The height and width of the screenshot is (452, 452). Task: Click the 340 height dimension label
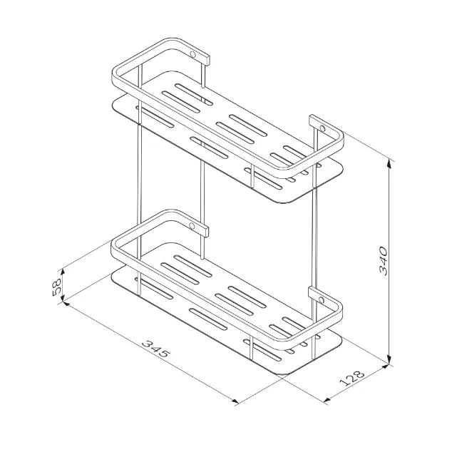[x=384, y=260]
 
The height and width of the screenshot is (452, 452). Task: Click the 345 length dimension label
[x=156, y=349]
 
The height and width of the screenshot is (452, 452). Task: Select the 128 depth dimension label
[x=351, y=378]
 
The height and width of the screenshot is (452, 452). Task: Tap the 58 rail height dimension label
[x=57, y=287]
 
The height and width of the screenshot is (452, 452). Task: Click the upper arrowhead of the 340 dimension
[x=389, y=163]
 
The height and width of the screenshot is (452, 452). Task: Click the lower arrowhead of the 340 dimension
[x=389, y=360]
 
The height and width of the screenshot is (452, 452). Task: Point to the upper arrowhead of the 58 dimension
[x=62, y=273]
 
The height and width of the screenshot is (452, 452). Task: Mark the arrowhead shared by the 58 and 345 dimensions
[x=64, y=302]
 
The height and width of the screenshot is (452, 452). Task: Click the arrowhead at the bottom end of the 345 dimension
[x=235, y=400]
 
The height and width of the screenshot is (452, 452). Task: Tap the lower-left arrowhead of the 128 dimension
[x=327, y=399]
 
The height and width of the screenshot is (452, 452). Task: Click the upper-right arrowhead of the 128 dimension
[x=384, y=366]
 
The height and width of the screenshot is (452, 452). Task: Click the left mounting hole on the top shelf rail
[x=192, y=54]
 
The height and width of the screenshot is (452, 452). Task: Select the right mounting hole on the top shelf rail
[x=322, y=128]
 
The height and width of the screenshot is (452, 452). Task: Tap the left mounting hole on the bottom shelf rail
[x=191, y=226]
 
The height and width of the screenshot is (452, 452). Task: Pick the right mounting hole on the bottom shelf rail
[x=321, y=300]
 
